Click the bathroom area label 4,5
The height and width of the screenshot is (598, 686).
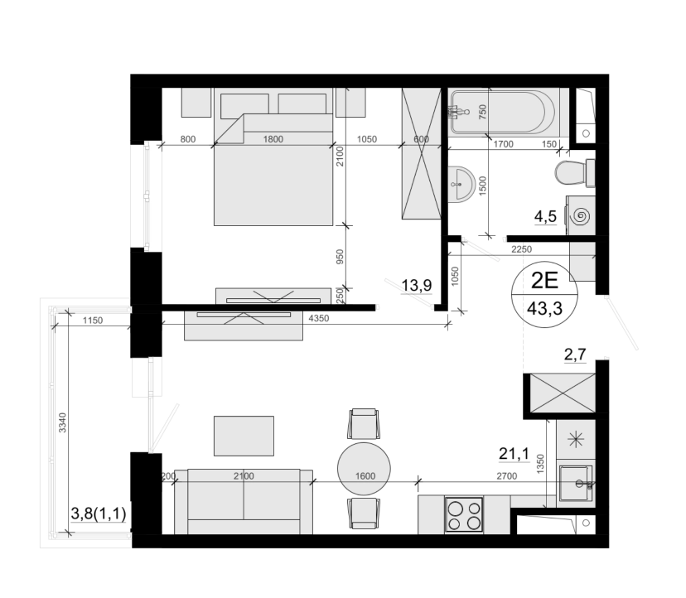click(545, 216)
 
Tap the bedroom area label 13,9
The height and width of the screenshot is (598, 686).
click(417, 285)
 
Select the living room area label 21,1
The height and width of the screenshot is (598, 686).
click(514, 454)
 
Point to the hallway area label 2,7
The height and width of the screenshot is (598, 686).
click(575, 354)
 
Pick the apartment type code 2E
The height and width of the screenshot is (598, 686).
click(544, 281)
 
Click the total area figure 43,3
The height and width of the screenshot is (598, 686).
click(544, 309)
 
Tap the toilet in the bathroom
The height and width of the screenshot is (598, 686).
click(575, 172)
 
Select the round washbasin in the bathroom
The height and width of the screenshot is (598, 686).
click(461, 184)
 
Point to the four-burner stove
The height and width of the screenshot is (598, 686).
click(464, 514)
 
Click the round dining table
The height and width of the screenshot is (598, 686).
click(364, 469)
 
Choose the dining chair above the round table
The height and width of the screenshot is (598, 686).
click(364, 423)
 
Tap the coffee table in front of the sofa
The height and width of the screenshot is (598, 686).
click(244, 436)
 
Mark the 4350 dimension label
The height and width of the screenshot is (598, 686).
click(318, 319)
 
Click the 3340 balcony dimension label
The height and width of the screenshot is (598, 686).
click(62, 422)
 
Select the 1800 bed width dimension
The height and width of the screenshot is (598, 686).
click(273, 139)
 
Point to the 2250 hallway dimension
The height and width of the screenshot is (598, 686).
click(521, 249)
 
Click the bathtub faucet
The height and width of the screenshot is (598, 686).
click(457, 113)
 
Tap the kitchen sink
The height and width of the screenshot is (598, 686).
click(576, 483)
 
